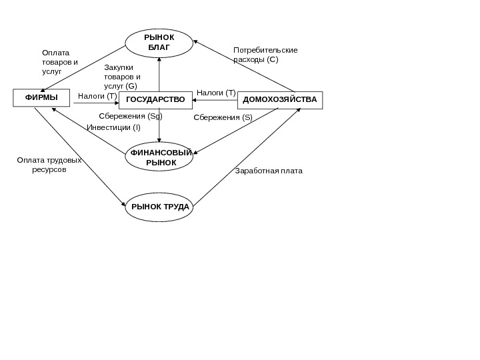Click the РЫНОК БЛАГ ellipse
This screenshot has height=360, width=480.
159,43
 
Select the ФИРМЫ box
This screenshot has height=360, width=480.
42,99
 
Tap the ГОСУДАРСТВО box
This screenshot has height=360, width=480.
155,100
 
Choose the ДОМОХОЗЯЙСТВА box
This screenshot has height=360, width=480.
280,99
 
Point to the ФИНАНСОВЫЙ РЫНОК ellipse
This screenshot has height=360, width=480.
159,157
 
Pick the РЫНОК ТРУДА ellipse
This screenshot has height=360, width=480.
159,207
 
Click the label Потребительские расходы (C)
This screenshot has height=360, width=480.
265,55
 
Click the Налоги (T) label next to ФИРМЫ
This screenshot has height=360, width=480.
97,96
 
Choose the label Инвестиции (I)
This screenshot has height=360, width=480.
114,127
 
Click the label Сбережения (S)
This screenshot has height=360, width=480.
223,117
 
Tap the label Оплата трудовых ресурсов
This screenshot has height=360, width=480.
49,165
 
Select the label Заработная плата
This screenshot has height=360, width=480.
269,171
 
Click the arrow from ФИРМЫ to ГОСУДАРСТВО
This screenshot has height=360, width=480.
96,103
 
